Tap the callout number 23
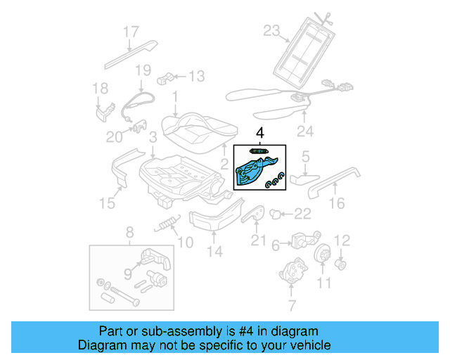tap(271, 30)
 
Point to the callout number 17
tap(131, 32)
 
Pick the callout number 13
tap(196, 77)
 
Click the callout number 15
tap(107, 203)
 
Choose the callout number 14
tap(214, 251)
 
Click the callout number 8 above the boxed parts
tap(129, 233)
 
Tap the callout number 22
tap(302, 214)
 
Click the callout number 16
tap(337, 203)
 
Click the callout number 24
tap(304, 130)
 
